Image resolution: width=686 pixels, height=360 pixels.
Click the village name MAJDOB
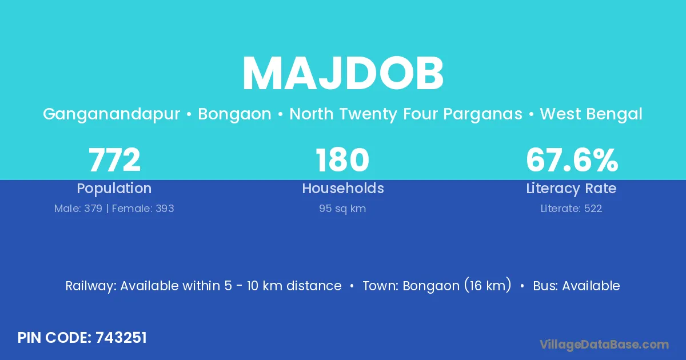(x=342, y=74)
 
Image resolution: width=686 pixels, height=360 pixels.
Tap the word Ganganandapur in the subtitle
(x=111, y=114)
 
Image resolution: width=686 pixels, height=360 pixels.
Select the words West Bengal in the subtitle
(x=591, y=114)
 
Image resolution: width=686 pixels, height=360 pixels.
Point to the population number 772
(x=114, y=160)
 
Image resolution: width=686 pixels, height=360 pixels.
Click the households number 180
(x=342, y=160)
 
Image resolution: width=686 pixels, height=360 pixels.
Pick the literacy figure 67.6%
(x=572, y=160)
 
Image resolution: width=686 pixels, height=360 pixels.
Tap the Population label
(x=114, y=189)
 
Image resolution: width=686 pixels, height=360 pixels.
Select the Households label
(x=343, y=188)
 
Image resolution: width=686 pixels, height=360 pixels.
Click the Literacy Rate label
(x=572, y=189)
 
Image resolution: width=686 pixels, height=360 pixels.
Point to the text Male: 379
(x=78, y=209)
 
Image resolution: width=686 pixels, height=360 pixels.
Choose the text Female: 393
(x=143, y=209)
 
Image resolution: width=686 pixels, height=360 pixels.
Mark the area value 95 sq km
(x=342, y=209)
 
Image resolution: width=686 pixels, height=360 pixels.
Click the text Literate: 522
(x=572, y=209)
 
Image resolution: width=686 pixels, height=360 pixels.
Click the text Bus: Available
(x=576, y=286)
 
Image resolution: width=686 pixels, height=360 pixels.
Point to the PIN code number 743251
(x=121, y=338)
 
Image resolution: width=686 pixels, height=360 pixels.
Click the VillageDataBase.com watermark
(x=604, y=345)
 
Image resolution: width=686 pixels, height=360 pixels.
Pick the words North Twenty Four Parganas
(x=406, y=114)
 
